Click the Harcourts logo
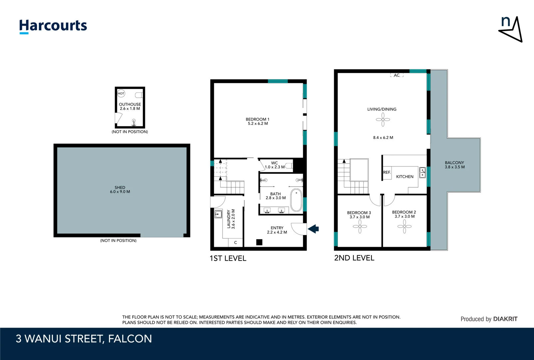[53, 26]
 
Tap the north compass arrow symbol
[511, 30]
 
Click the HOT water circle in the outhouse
[121, 94]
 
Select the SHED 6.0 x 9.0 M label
[120, 190]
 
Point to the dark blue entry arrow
[313, 229]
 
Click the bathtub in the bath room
[296, 201]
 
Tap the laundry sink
[219, 214]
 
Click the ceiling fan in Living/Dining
[383, 119]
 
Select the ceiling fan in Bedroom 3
[360, 226]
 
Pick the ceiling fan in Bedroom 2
[404, 226]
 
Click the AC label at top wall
[396, 75]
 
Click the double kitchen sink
[422, 172]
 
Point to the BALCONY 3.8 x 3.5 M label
[454, 165]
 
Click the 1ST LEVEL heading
[228, 258]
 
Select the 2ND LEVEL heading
[354, 258]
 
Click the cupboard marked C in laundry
[236, 243]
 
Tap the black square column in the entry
[259, 242]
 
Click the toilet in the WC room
[288, 166]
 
